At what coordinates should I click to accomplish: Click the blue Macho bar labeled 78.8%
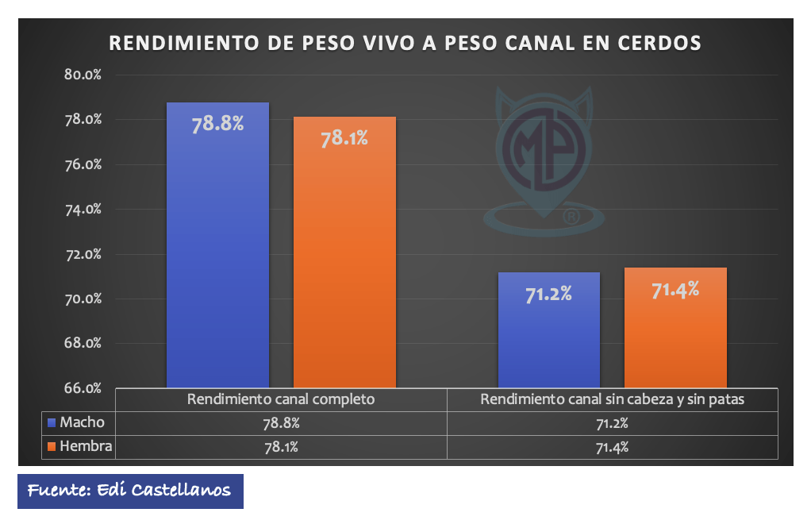coord(217,246)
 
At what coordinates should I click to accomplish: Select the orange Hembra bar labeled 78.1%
coord(344,254)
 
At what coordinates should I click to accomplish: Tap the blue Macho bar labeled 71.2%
coord(548,330)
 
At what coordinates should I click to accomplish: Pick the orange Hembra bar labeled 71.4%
coord(675,329)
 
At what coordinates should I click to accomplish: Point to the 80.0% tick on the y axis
coord(83,75)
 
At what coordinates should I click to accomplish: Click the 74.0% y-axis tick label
coord(83,210)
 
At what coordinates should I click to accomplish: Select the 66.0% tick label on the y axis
coord(83,388)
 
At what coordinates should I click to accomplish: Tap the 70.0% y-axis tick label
coord(83,299)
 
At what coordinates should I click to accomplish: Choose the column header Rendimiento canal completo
coord(281,399)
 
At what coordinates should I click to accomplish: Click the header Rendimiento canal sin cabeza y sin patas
coord(613,399)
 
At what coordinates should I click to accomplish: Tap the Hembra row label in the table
coord(86,447)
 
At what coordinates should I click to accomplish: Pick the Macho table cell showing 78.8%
coord(281,423)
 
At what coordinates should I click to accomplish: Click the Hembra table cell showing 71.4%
coord(613,447)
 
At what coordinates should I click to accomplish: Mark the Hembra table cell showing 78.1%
coord(281,447)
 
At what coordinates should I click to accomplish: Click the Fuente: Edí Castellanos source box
coord(130,491)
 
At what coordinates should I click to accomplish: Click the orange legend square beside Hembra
coord(52,447)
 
